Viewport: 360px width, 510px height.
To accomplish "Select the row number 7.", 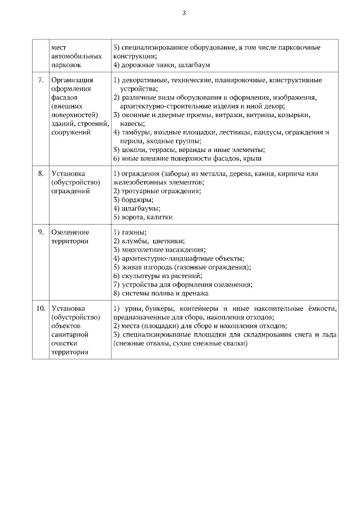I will [x=40, y=80].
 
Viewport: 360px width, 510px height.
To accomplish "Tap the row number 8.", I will [x=40, y=173].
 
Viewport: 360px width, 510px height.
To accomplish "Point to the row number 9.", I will [x=40, y=232].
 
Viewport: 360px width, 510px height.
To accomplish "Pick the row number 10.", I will [x=40, y=308].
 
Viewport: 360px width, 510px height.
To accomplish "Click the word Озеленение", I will [x=70, y=232].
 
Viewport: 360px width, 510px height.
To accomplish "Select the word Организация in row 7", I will [x=72, y=80].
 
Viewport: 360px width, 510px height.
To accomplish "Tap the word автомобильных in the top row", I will [x=76, y=56].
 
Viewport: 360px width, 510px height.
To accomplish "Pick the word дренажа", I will [x=195, y=293].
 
